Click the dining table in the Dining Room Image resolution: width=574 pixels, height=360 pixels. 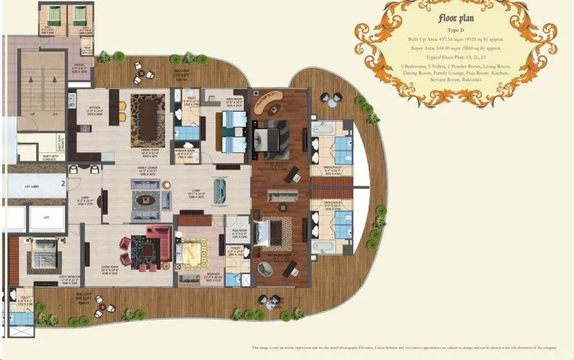[x=148, y=118]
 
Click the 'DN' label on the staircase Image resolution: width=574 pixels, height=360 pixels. [x=55, y=114]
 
